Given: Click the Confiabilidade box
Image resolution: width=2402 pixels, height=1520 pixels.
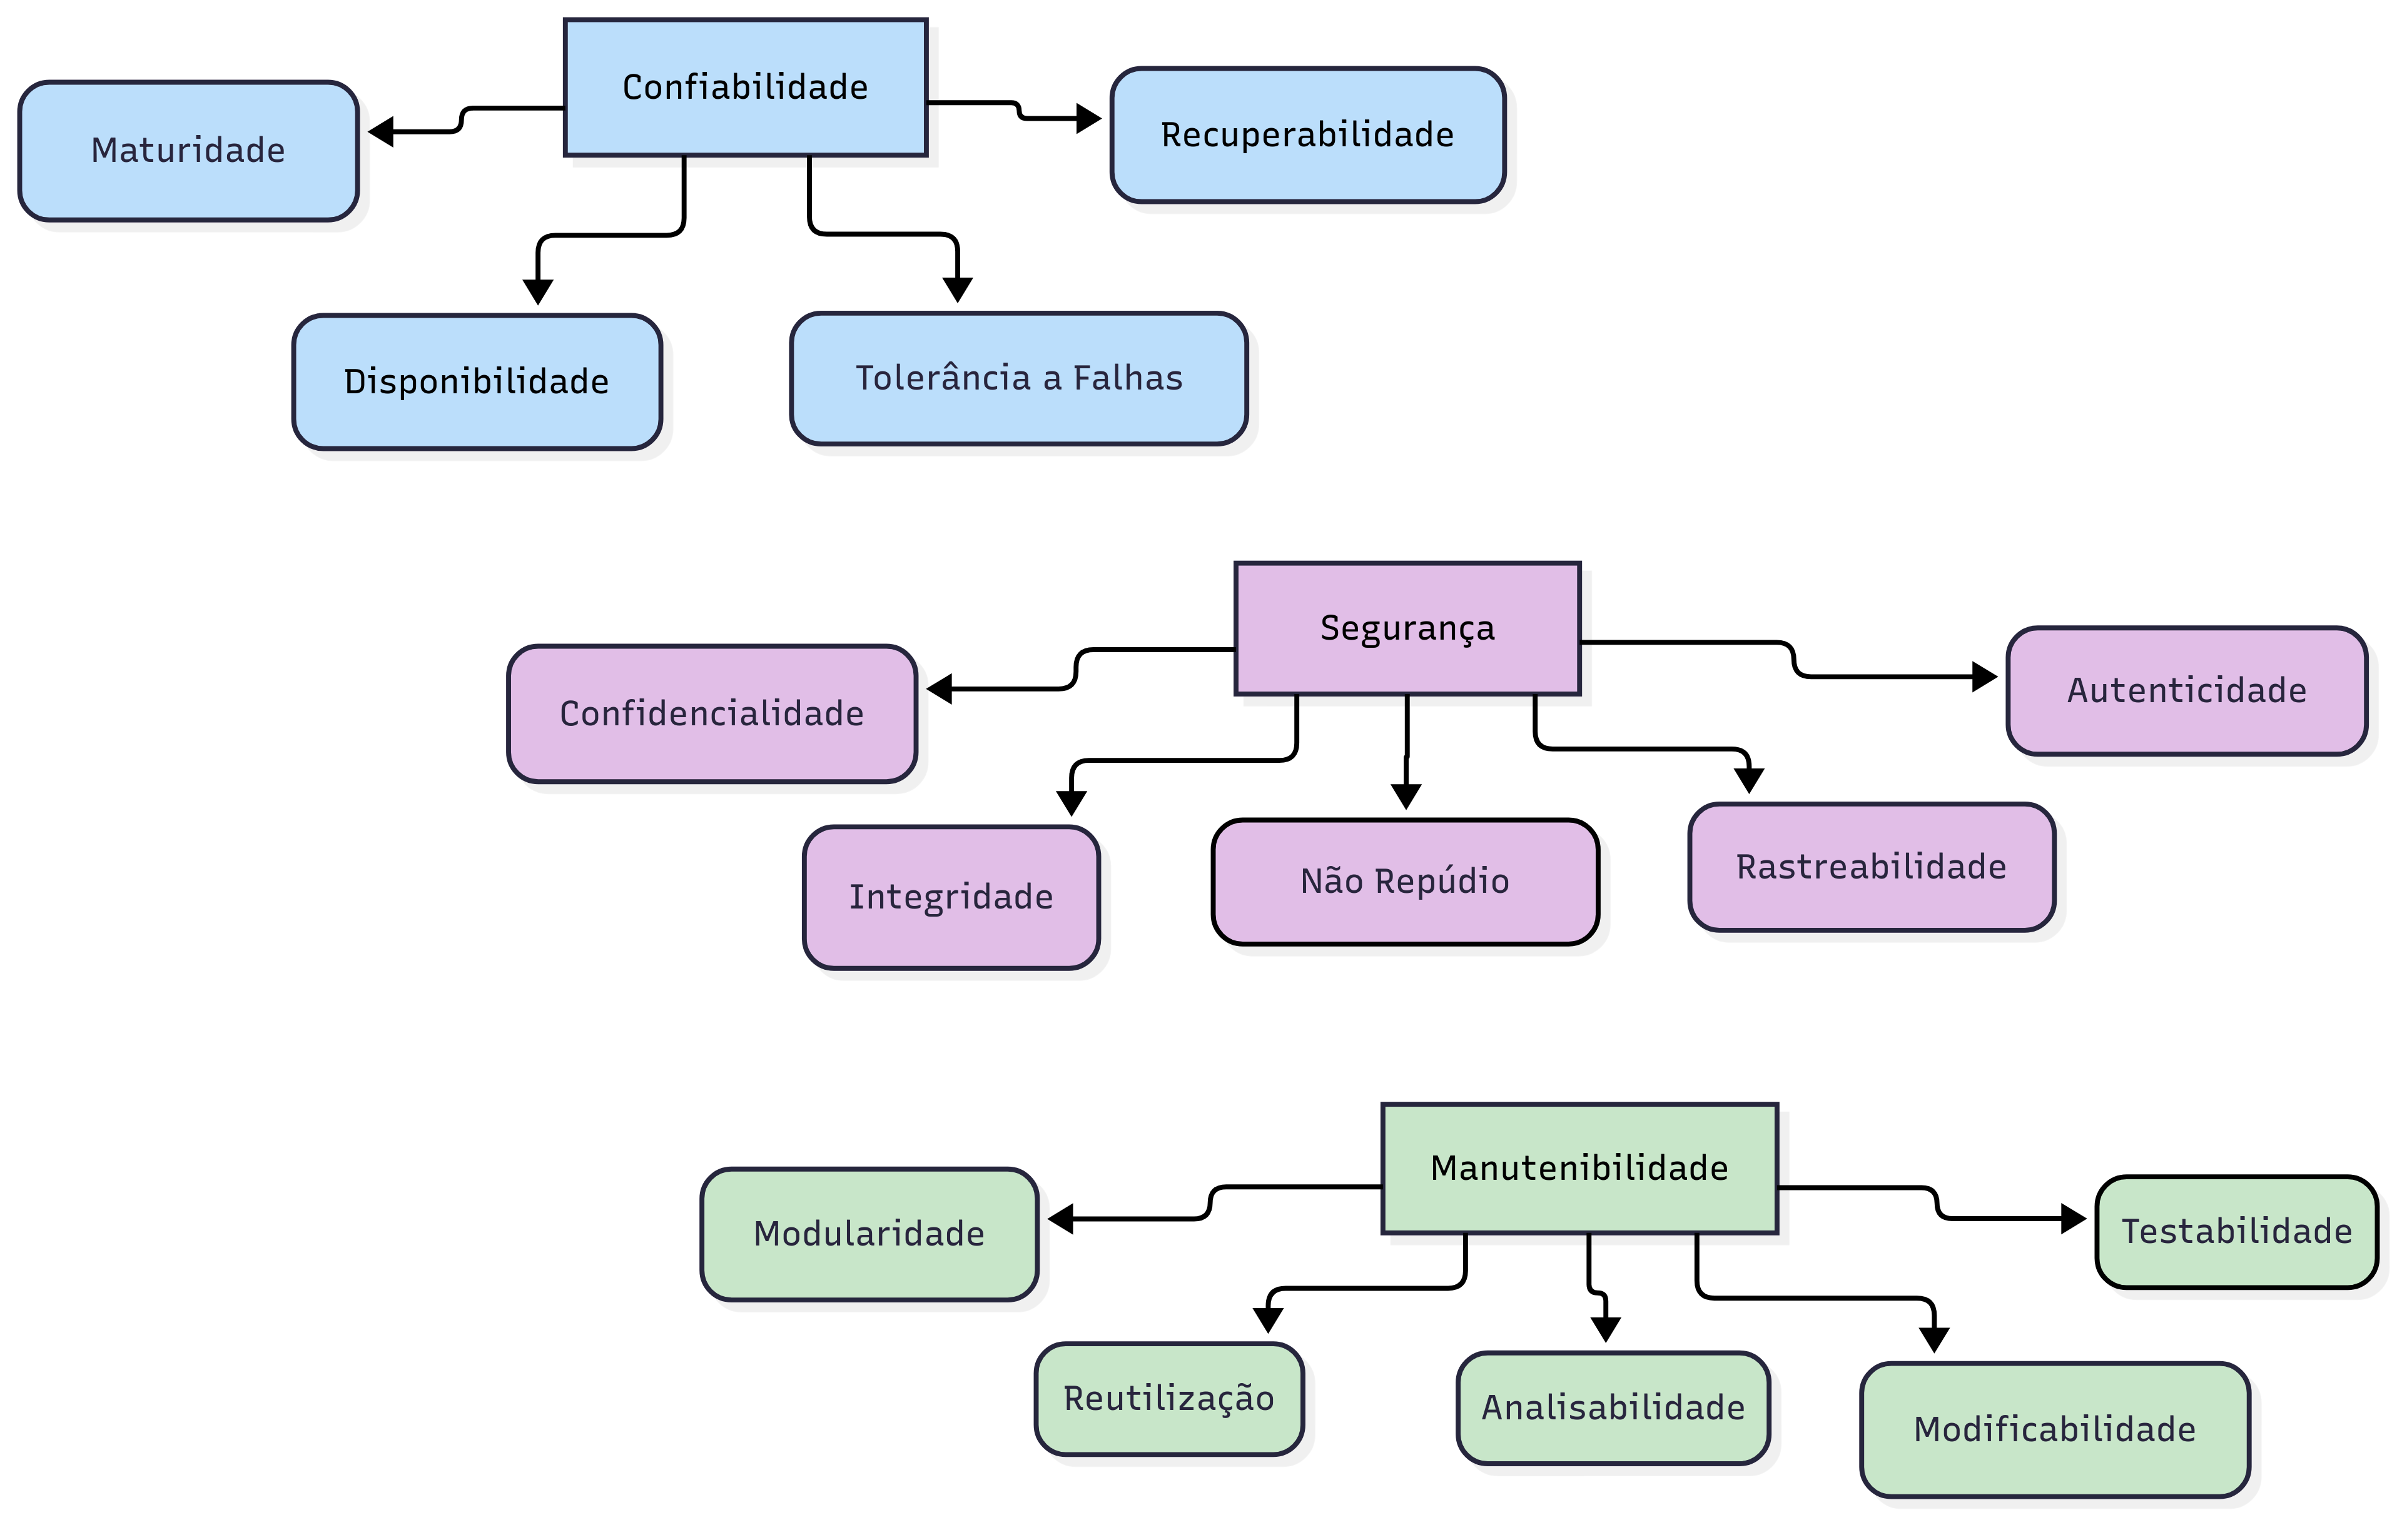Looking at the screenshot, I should [x=744, y=88].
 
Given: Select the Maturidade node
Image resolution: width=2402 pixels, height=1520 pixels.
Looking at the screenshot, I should [x=188, y=151].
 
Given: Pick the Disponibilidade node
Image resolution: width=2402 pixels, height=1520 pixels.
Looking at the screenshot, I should [x=476, y=382].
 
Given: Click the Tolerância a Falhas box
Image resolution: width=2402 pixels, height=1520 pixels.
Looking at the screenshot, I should [x=1018, y=378].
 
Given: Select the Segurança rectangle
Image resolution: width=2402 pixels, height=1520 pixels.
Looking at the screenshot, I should [x=1407, y=628].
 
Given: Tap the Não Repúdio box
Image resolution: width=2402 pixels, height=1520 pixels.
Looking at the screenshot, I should [x=1404, y=882].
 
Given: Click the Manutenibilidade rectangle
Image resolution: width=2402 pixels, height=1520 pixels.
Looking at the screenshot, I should [x=1578, y=1168].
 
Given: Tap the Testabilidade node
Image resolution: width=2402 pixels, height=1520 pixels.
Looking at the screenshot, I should [x=2236, y=1232].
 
